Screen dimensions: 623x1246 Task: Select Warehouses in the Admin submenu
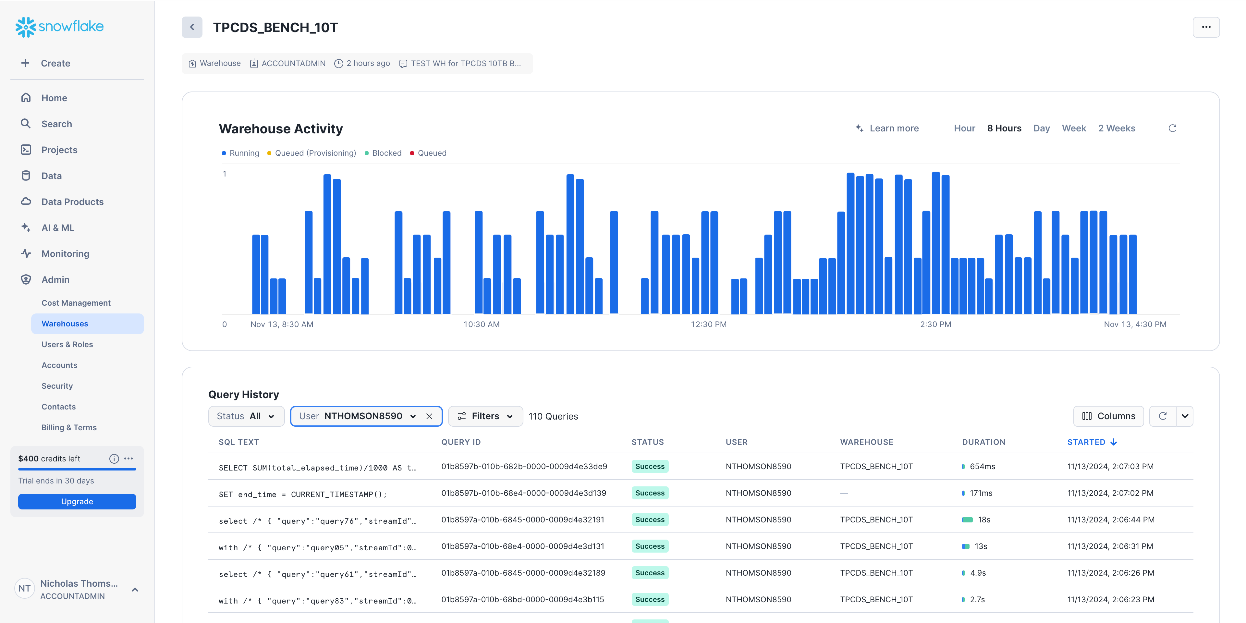click(65, 324)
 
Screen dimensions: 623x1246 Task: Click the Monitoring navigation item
click(65, 253)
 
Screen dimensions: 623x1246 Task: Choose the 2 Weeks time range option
click(1116, 128)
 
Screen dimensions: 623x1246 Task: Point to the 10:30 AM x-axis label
click(481, 324)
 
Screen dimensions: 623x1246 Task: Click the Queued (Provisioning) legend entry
click(315, 153)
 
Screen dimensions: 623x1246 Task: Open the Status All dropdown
click(246, 416)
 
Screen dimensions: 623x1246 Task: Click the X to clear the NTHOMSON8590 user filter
click(429, 416)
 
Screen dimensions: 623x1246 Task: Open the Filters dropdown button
click(485, 416)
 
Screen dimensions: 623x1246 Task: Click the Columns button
click(1108, 416)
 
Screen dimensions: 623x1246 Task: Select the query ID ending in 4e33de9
click(524, 466)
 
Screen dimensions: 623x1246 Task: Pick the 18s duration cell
click(983, 519)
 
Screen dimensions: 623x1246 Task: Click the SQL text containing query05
click(317, 547)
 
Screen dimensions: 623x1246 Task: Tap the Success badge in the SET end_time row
click(650, 493)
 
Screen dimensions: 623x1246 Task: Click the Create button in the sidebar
click(55, 63)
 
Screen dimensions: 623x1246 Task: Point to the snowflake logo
click(59, 27)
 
